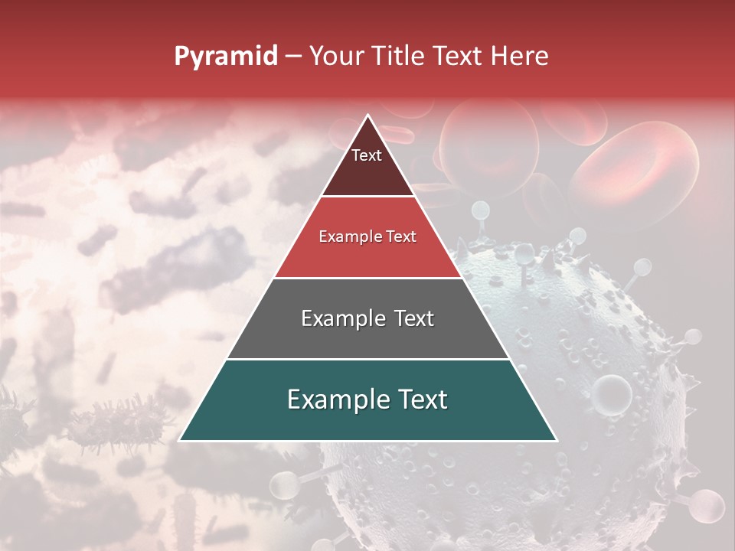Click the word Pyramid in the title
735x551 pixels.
(225, 57)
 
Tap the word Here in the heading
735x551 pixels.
(519, 57)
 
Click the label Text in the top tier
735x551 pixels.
(367, 155)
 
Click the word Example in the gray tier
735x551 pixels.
(334, 318)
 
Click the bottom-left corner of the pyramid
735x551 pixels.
(179, 440)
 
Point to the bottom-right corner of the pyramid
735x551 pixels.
(557, 440)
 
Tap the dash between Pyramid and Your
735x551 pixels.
(292, 57)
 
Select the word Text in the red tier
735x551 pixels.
(401, 237)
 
